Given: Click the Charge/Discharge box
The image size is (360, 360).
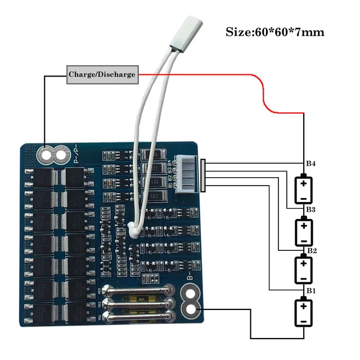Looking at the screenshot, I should pyautogui.click(x=102, y=74).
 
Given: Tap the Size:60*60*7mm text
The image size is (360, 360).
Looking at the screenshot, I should pyautogui.click(x=275, y=31).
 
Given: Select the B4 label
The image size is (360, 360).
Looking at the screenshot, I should pyautogui.click(x=310, y=164).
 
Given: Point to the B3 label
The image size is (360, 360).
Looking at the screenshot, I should pyautogui.click(x=310, y=209).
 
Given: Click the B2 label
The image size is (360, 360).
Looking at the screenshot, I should pyautogui.click(x=310, y=250).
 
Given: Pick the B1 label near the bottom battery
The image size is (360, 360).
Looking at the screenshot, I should pyautogui.click(x=310, y=290).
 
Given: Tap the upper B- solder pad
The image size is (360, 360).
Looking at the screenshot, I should pyautogui.click(x=191, y=294).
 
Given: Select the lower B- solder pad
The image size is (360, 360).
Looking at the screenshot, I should pyautogui.click(x=191, y=309).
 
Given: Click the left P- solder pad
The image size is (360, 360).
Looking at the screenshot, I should pyautogui.click(x=44, y=153).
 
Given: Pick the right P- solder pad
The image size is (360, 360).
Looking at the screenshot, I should pyautogui.click(x=60, y=153).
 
